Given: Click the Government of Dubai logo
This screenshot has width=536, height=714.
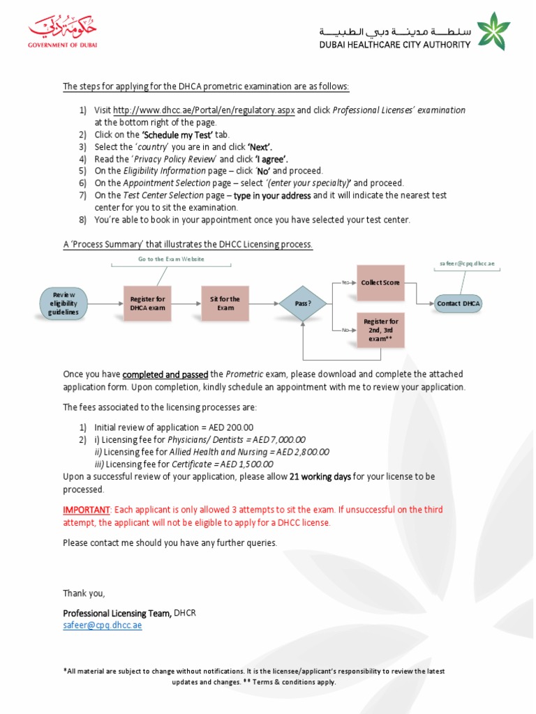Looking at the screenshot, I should pyautogui.click(x=63, y=31).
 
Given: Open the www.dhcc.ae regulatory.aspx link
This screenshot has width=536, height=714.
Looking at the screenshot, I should pyautogui.click(x=204, y=110).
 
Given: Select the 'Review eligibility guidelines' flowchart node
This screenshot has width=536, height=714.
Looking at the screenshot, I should pyautogui.click(x=64, y=303).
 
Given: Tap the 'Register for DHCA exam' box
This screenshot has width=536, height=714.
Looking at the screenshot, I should pyautogui.click(x=147, y=303).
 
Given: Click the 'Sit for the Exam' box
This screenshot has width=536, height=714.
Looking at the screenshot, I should pyautogui.click(x=225, y=303).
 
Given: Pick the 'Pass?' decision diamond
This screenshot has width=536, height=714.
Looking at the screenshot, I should pyautogui.click(x=302, y=303).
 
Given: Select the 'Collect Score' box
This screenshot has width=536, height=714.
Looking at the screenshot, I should pyautogui.click(x=380, y=282).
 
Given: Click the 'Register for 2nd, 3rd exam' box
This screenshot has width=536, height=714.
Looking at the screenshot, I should pyautogui.click(x=380, y=330).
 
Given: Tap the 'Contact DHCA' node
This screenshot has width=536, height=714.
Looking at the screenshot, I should pyautogui.click(x=458, y=303).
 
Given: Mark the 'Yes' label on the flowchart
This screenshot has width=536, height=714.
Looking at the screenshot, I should pyautogui.click(x=345, y=282).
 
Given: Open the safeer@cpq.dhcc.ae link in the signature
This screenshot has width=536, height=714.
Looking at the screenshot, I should pyautogui.click(x=103, y=625).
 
